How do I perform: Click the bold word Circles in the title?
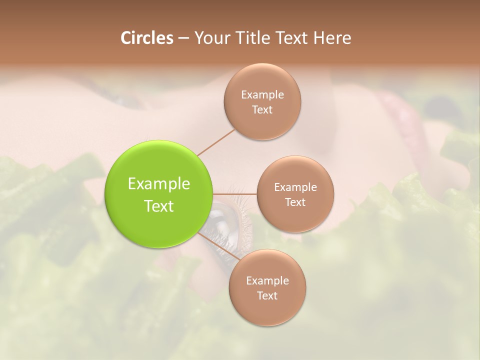click(146, 38)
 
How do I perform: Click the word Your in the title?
click(210, 38)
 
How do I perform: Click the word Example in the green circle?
click(159, 184)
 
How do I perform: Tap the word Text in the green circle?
click(159, 206)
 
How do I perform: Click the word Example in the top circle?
click(262, 94)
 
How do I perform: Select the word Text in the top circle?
click(262, 109)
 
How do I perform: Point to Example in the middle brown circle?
click(295, 187)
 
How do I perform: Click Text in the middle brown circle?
click(295, 202)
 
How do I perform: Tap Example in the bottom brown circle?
click(267, 280)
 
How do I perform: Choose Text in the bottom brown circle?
click(267, 295)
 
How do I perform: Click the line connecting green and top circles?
click(216, 142)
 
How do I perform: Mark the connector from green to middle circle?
click(235, 193)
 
